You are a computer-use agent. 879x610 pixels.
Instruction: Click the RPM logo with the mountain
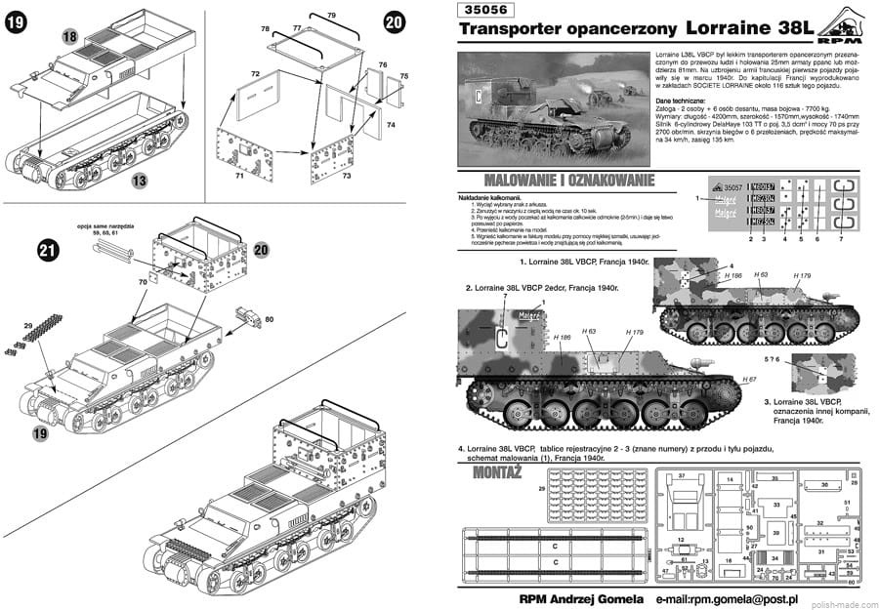point(839,29)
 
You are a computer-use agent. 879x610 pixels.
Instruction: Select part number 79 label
point(331,15)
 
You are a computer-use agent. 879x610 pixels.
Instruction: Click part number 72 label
point(254,74)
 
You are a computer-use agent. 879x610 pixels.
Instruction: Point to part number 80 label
point(270,319)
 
